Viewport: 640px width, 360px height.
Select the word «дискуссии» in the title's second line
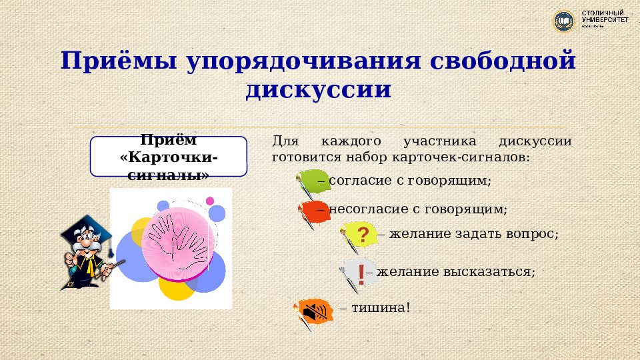pyautogui.click(x=318, y=89)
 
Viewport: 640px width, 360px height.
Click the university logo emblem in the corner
pyautogui.click(x=564, y=21)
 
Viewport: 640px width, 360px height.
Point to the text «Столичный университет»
pyautogui.click(x=604, y=17)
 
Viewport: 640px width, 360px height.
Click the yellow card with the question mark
pyautogui.click(x=361, y=235)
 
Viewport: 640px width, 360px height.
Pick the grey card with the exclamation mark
pyautogui.click(x=358, y=273)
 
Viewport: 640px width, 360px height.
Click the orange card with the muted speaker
pyautogui.click(x=315, y=310)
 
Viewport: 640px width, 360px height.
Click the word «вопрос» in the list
pyautogui.click(x=533, y=234)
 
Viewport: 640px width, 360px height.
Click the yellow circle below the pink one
pyautogui.click(x=178, y=287)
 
